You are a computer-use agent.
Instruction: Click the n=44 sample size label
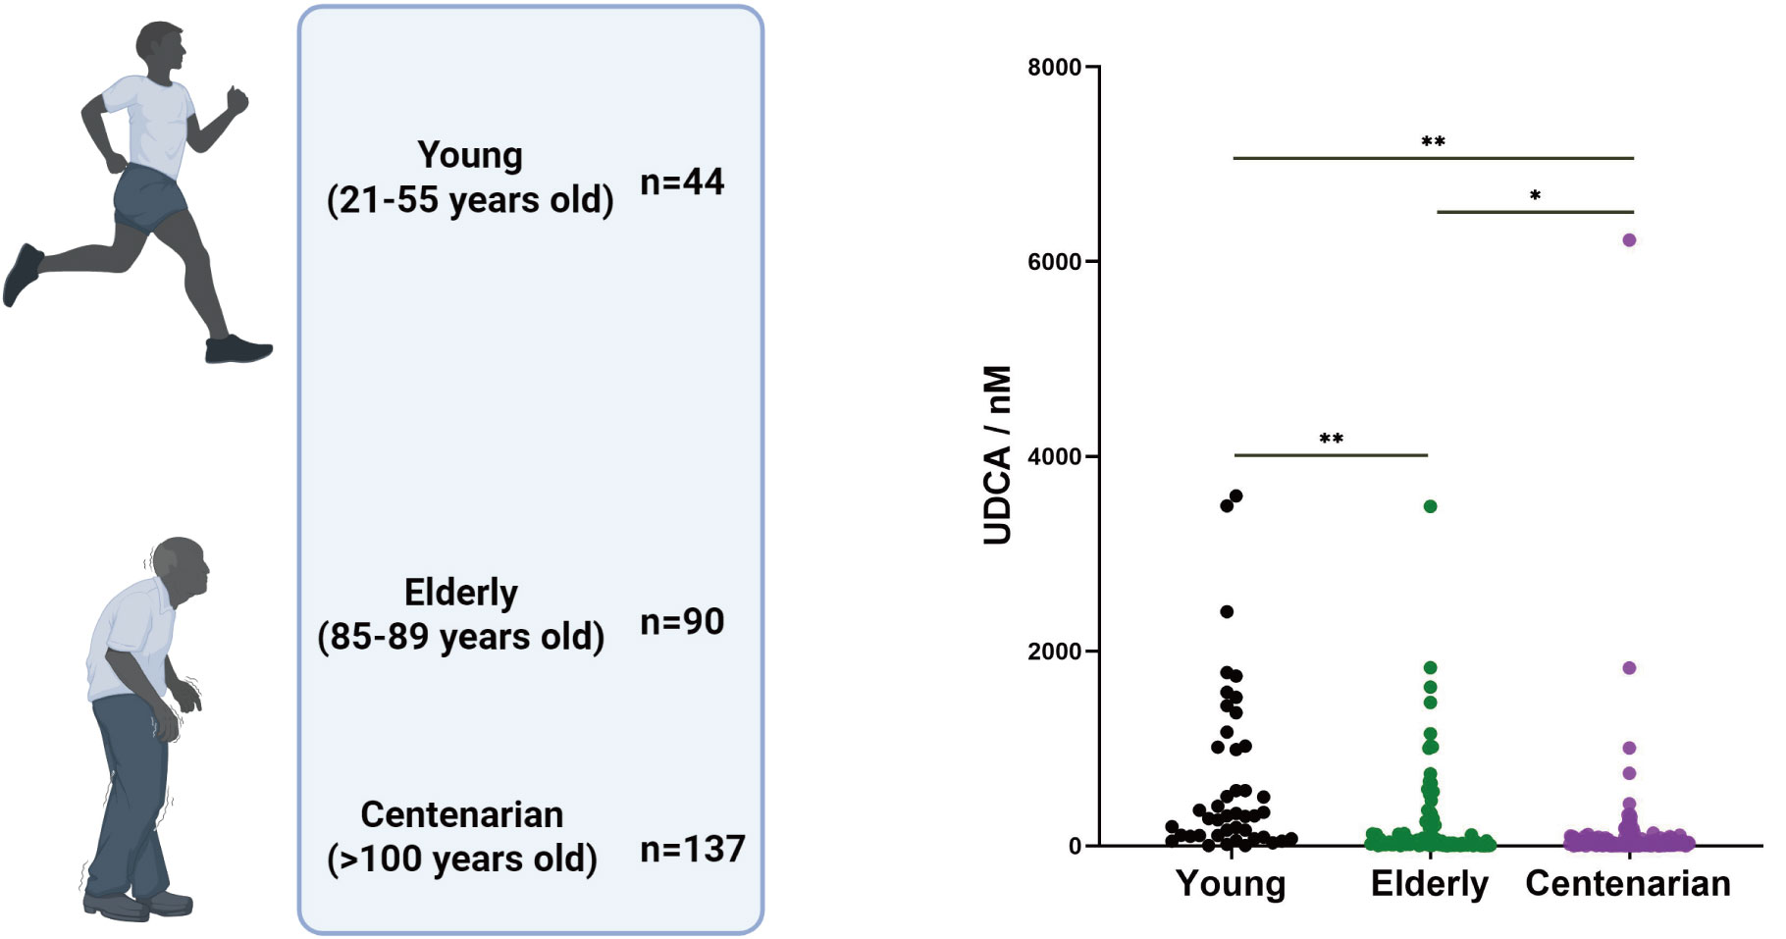682,182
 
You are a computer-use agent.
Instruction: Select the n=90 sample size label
682,621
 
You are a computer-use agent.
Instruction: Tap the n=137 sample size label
692,849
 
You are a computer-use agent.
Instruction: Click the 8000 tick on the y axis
1054,68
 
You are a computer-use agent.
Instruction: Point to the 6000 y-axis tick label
1054,262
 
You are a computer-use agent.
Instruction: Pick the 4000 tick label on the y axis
1054,456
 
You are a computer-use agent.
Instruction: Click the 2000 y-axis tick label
1054,651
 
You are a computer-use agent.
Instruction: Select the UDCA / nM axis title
997,455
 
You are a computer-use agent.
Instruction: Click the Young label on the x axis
1231,883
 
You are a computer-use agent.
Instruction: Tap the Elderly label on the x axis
1429,883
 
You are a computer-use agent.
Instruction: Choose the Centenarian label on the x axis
1628,883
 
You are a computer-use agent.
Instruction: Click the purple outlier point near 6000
1629,239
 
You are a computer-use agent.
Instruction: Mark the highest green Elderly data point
1430,506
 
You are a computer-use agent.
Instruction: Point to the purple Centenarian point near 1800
1629,668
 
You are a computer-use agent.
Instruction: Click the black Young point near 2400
1227,611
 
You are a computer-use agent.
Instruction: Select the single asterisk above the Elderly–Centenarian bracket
1535,196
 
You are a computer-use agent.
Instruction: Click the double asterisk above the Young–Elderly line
1331,439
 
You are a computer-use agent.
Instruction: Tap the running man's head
161,47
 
